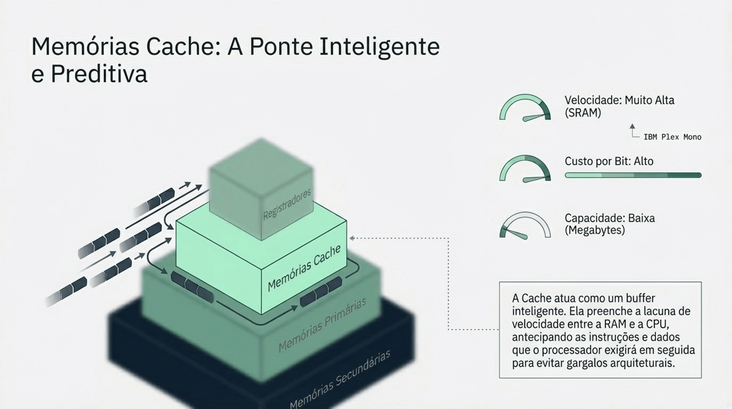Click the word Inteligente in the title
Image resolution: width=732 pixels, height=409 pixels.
tap(379, 47)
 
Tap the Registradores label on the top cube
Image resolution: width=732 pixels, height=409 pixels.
tap(287, 205)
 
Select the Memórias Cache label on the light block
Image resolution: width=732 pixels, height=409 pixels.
tap(304, 268)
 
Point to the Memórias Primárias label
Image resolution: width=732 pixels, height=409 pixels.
tap(322, 325)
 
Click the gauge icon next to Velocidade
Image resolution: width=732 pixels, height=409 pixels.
tap(525, 108)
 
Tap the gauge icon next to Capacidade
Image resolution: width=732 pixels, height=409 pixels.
tap(525, 225)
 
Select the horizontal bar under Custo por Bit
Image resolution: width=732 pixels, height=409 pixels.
tap(633, 175)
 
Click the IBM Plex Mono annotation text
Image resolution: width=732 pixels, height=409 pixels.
tap(672, 137)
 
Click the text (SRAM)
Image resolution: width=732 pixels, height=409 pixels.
tap(583, 113)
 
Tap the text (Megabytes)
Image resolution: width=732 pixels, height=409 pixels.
tap(594, 230)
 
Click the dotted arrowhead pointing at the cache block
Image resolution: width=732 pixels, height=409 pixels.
tap(352, 238)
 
